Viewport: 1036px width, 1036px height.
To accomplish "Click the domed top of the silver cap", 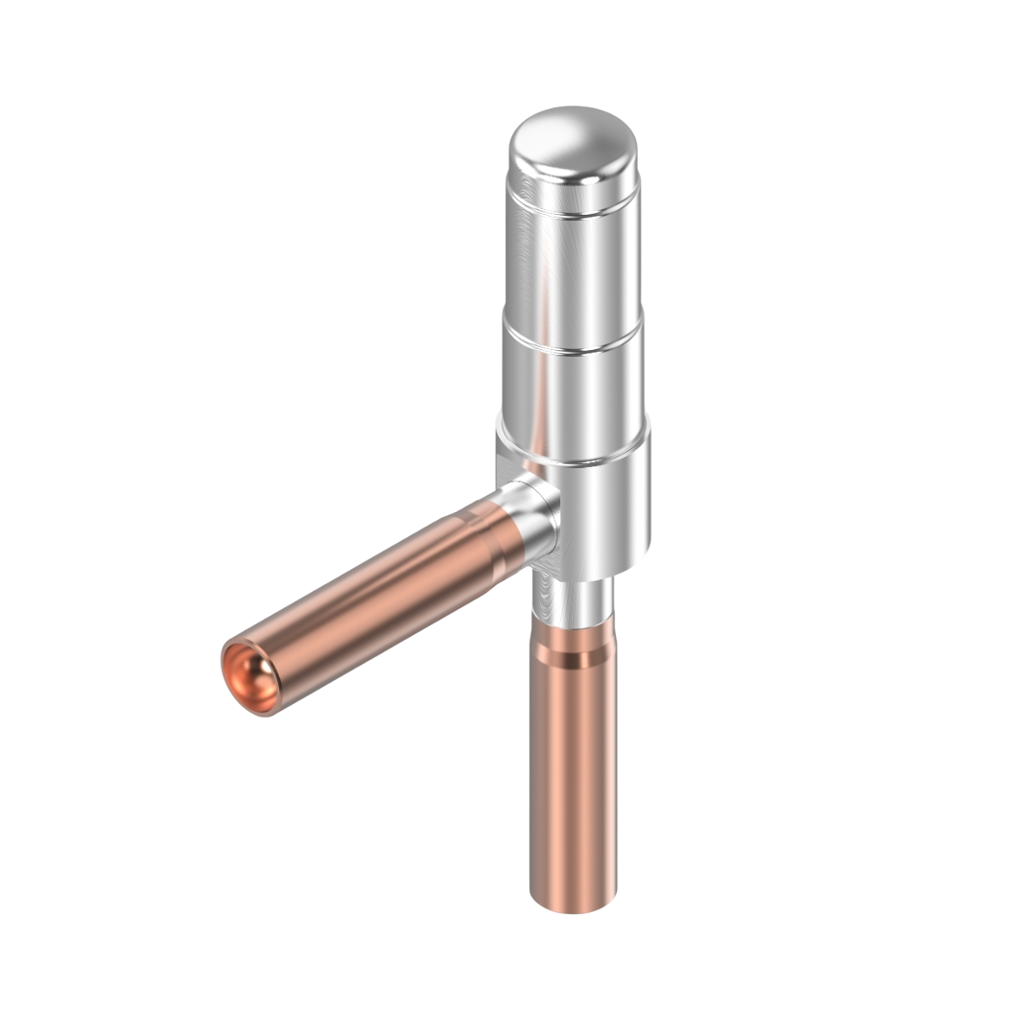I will point(573,144).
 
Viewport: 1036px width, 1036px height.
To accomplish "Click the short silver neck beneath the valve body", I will point(573,600).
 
